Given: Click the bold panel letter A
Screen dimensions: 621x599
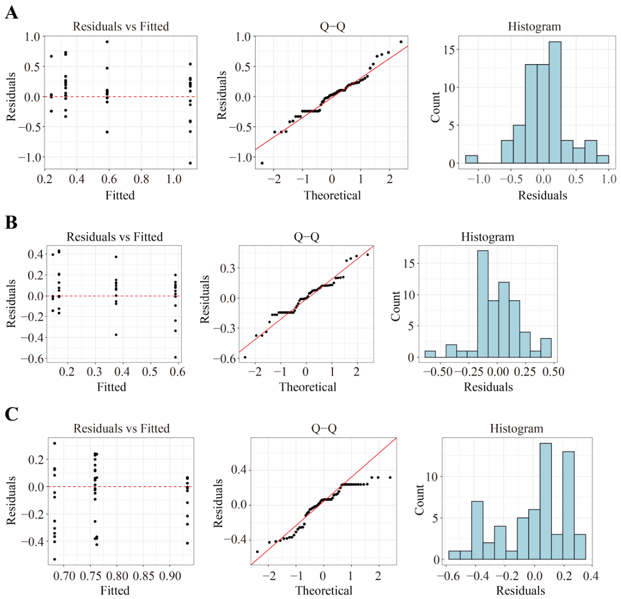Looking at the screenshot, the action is pyautogui.click(x=11, y=13).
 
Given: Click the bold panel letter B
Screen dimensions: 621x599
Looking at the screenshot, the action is pyautogui.click(x=11, y=222).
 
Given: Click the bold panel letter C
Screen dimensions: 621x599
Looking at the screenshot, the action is pyautogui.click(x=11, y=414).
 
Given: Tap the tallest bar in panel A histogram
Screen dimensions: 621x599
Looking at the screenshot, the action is pyautogui.click(x=555, y=102).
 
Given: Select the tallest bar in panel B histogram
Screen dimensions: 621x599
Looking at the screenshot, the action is pyautogui.click(x=483, y=304).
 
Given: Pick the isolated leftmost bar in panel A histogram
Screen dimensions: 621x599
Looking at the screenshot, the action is pyautogui.click(x=471, y=159).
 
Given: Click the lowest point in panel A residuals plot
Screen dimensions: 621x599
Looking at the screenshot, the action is pyautogui.click(x=190, y=163).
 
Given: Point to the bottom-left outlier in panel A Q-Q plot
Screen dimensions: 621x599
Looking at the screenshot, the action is pyautogui.click(x=262, y=163).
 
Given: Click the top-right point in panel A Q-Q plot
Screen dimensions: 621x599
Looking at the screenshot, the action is pyautogui.click(x=401, y=42).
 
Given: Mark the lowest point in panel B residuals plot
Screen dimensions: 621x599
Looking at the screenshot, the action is pyautogui.click(x=175, y=357).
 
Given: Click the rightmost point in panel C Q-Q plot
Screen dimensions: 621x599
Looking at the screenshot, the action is pyautogui.click(x=390, y=477).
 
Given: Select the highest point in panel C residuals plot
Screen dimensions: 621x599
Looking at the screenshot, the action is pyautogui.click(x=54, y=443).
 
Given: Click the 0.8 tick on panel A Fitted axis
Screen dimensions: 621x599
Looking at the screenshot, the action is pyautogui.click(x=141, y=179).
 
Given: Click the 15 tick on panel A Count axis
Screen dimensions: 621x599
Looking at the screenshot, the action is pyautogui.click(x=449, y=50).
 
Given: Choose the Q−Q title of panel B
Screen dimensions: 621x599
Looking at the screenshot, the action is pyautogui.click(x=306, y=237).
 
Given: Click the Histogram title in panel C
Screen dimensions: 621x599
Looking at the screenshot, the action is pyautogui.click(x=516, y=428).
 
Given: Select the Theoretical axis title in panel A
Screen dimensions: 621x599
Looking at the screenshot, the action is pyautogui.click(x=332, y=196).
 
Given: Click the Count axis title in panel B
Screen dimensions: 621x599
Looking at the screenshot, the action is pyautogui.click(x=396, y=306).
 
